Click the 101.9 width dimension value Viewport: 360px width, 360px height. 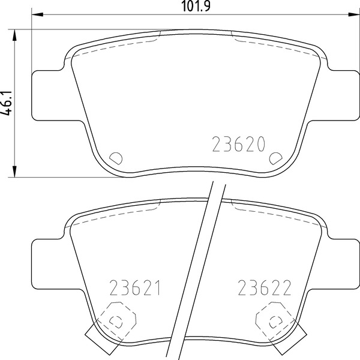196,6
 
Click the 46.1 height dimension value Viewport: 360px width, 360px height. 6,103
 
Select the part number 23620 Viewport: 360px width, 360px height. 239,144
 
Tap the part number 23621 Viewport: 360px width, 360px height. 135,287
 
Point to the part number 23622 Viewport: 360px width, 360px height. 264,287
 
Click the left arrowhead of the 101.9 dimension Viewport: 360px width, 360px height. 37,14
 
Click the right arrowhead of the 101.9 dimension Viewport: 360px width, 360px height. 354,14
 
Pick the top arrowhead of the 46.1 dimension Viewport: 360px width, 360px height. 14,35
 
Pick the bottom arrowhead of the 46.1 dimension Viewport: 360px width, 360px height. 14,171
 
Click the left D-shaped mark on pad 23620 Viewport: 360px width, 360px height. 116,158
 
